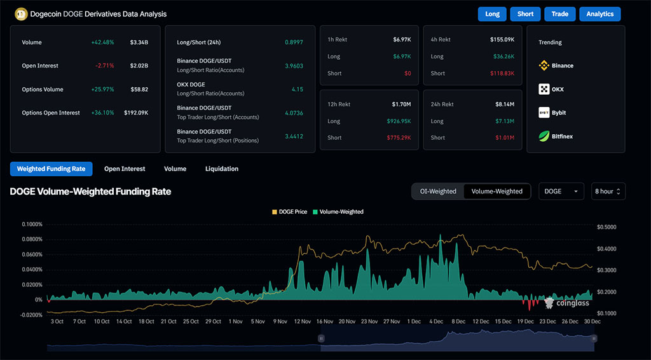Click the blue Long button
[492, 14]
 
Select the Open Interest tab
[125, 169]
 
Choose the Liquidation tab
[222, 169]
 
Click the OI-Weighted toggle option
[438, 191]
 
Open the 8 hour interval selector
[608, 191]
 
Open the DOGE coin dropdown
[561, 191]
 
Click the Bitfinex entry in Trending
[561, 136]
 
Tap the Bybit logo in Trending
[544, 113]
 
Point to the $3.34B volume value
[139, 43]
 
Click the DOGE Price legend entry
[291, 212]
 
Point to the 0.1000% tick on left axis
[32, 225]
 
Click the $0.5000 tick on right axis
[607, 227]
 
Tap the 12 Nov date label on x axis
[302, 322]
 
